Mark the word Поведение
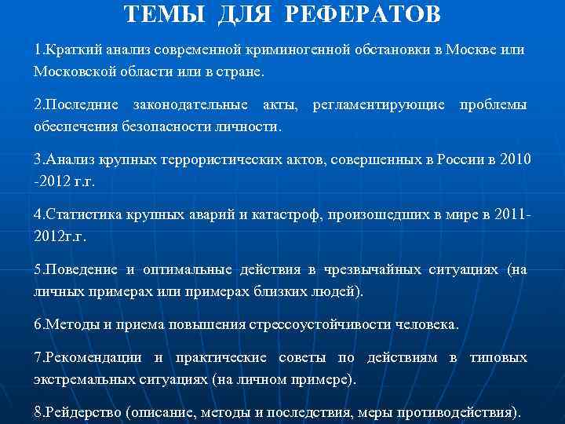click(x=82, y=270)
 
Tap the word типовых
click(x=498, y=358)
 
